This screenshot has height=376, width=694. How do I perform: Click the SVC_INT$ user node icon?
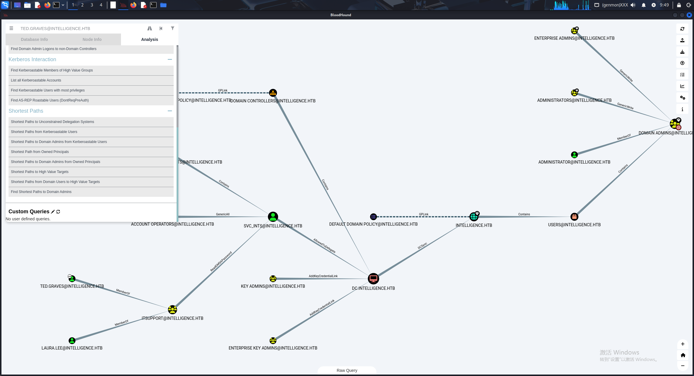click(x=273, y=217)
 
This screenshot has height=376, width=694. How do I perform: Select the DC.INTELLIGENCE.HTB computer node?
click(x=373, y=279)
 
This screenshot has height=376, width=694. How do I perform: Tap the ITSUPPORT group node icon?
click(x=172, y=310)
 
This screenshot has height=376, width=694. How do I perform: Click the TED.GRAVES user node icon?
click(x=72, y=278)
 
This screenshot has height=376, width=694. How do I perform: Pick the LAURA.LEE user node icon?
click(x=72, y=341)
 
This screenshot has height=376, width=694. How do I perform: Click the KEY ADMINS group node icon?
click(x=273, y=279)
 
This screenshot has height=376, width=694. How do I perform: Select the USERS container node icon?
click(x=574, y=217)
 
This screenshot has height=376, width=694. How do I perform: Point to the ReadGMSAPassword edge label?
click(x=221, y=261)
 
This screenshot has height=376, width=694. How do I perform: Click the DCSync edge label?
click(x=422, y=246)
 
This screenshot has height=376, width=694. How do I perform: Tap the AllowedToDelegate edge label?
click(x=324, y=246)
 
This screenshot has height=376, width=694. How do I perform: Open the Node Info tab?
click(x=92, y=39)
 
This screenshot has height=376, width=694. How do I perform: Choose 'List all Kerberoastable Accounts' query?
click(x=36, y=80)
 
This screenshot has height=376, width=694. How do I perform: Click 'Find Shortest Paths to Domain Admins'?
click(x=41, y=192)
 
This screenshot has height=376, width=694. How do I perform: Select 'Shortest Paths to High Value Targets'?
click(x=40, y=172)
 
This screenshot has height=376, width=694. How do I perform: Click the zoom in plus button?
click(x=683, y=344)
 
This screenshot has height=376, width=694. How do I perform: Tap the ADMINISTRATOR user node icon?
click(x=574, y=155)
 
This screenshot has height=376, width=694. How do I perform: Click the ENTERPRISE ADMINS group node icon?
click(x=575, y=31)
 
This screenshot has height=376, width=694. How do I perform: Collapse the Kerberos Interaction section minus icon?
click(x=170, y=59)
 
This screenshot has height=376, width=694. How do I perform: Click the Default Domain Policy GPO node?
click(x=373, y=217)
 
